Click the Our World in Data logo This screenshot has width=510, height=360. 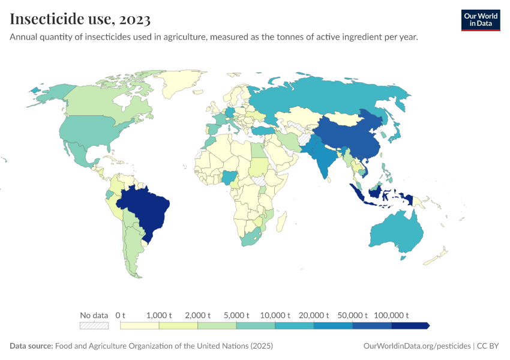tap(480, 20)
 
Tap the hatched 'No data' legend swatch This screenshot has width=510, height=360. tap(94, 325)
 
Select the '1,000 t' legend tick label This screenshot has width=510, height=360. tap(159, 315)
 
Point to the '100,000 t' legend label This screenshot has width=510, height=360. tap(391, 315)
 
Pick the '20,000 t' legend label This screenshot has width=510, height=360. tap(314, 315)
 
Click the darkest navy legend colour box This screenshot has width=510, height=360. tap(410, 325)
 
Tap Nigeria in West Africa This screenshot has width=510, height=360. tap(229, 176)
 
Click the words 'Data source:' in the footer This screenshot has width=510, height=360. tap(31, 346)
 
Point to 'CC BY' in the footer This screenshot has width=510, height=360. tap(488, 346)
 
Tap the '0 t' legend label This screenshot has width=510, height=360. tap(120, 315)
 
